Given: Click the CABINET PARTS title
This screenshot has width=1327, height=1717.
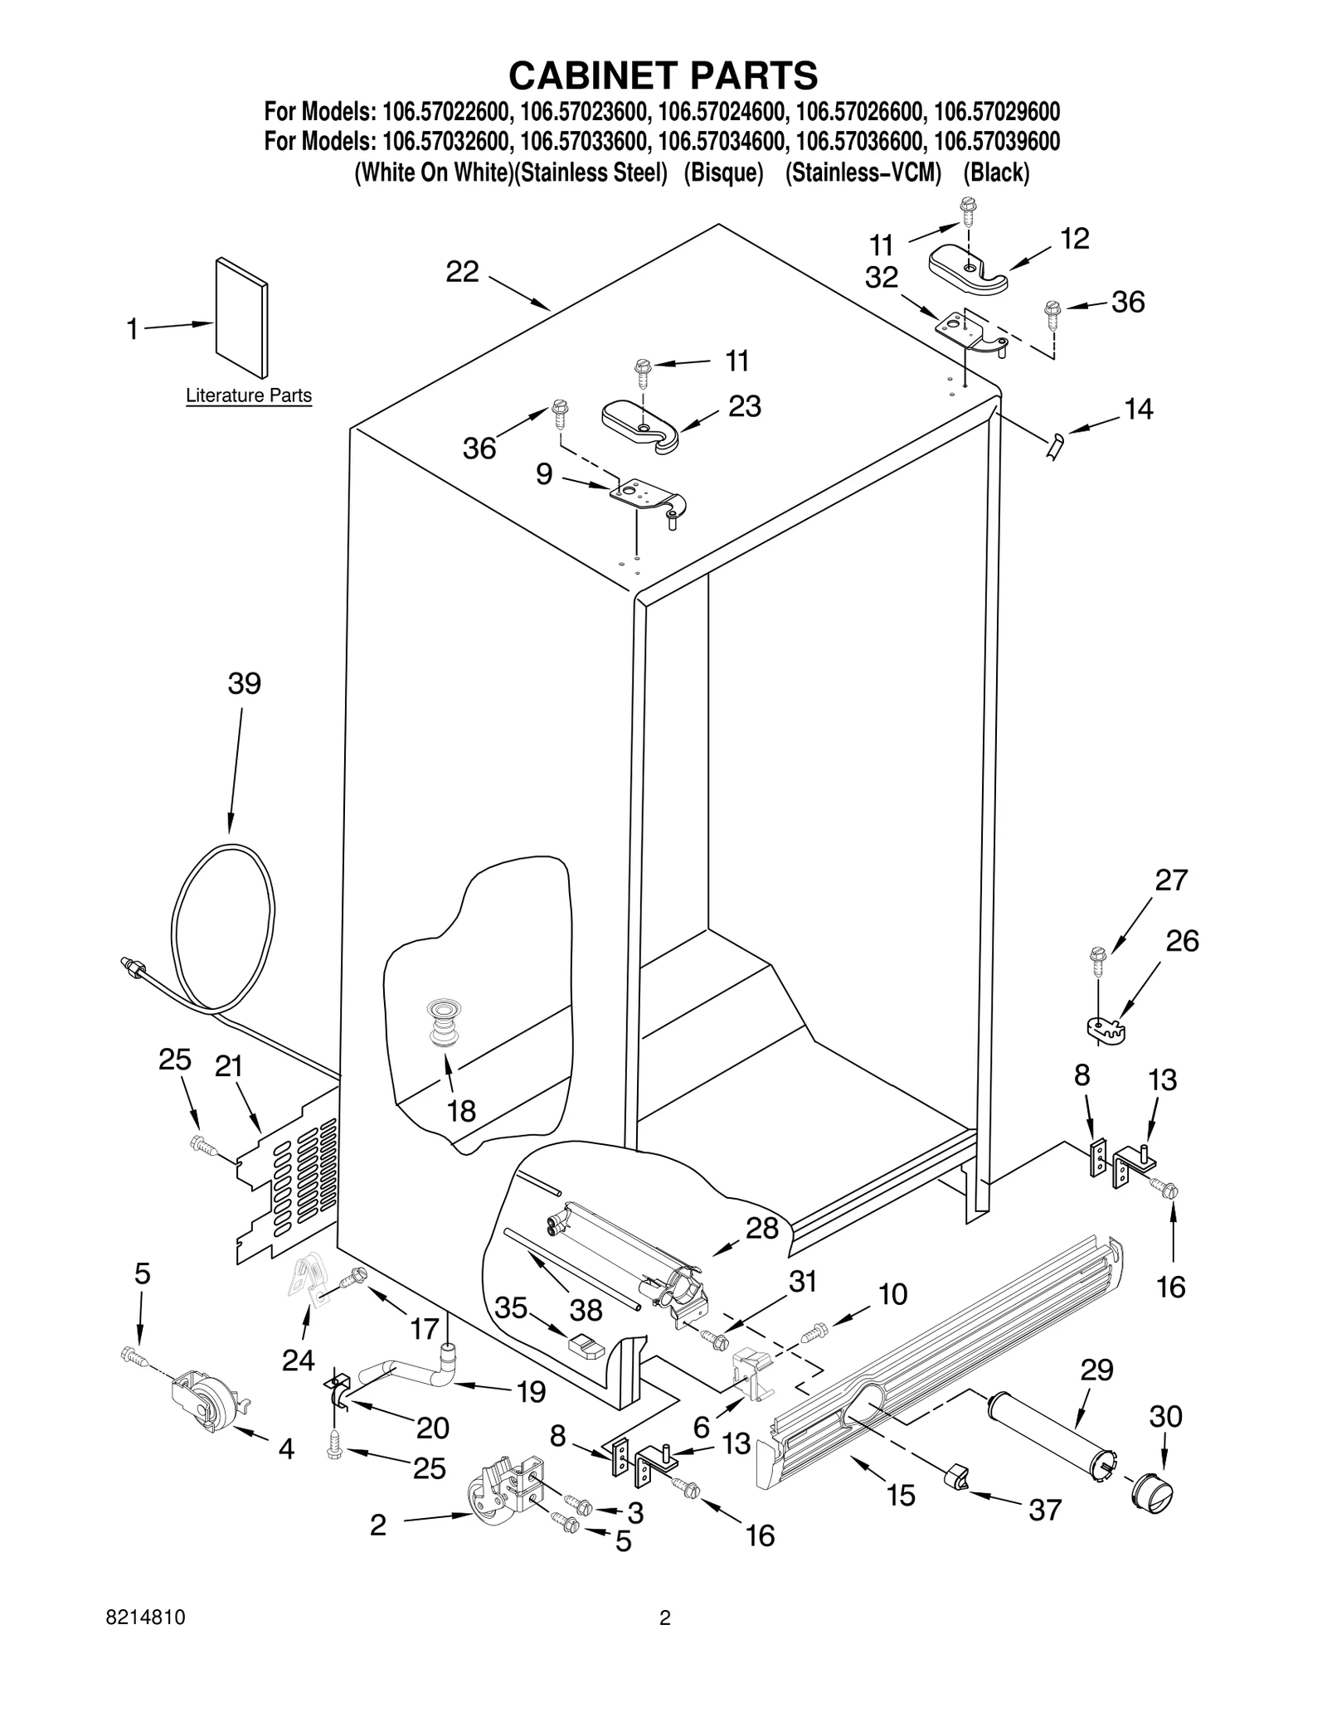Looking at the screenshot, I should pyautogui.click(x=663, y=75).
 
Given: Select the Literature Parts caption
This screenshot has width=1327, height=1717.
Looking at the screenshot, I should pyautogui.click(x=248, y=395).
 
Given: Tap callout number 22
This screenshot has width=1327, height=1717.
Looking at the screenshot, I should pyautogui.click(x=462, y=272).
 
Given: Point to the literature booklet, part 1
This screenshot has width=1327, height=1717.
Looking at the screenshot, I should pyautogui.click(x=241, y=317).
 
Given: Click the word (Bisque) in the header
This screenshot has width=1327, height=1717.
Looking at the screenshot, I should pyautogui.click(x=722, y=173).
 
